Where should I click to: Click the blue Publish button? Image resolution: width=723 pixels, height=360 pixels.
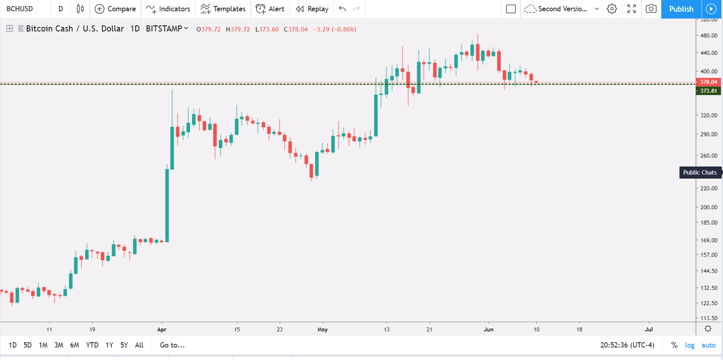(x=681, y=9)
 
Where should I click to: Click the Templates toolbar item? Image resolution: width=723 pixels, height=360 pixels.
(x=223, y=9)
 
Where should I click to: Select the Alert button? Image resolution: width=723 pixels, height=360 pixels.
(x=270, y=9)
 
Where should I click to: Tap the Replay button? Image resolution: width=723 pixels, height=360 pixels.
(x=312, y=9)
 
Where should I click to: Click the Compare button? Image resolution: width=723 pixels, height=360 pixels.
(x=115, y=9)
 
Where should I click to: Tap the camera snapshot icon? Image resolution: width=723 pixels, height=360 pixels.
(x=651, y=9)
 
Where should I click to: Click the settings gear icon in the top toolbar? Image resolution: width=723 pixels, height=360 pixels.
(x=612, y=9)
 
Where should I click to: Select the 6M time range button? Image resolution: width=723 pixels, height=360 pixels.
(x=75, y=345)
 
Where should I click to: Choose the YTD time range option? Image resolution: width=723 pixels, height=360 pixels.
(x=92, y=345)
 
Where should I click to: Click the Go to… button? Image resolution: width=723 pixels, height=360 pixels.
(x=172, y=345)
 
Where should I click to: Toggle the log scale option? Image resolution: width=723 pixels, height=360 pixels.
(x=690, y=345)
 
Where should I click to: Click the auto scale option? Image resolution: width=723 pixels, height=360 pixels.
(x=708, y=345)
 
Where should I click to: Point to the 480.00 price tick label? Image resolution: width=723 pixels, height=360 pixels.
(x=709, y=35)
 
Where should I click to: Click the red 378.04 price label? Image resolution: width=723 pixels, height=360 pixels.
(x=708, y=82)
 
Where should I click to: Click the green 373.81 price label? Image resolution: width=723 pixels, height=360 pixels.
(x=708, y=91)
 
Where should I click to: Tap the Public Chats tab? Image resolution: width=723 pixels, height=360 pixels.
(x=700, y=173)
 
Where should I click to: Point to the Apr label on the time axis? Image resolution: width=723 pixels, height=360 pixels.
(x=162, y=329)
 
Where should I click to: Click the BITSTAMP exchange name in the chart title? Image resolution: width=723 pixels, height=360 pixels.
(x=164, y=29)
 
